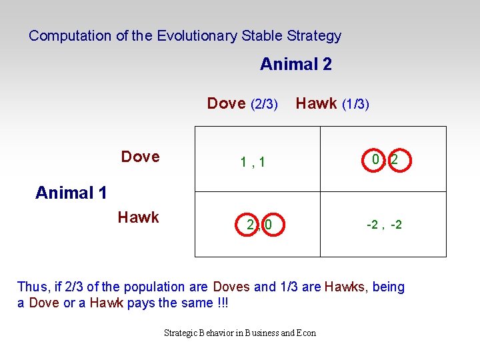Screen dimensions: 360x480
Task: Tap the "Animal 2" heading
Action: [295, 65]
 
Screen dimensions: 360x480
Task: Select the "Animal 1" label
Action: [71, 193]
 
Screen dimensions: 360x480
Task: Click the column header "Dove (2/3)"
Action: [242, 103]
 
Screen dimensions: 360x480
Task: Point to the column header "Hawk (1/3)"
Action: [332, 103]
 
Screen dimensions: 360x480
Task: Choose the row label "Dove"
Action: [140, 157]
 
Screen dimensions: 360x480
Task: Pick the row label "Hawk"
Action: [138, 217]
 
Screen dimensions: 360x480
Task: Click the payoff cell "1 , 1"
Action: [253, 161]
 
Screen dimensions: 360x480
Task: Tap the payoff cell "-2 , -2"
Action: [384, 225]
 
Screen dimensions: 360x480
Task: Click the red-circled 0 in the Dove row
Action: [376, 160]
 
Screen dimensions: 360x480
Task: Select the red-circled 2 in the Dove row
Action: [395, 160]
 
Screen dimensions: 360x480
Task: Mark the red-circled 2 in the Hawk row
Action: [250, 225]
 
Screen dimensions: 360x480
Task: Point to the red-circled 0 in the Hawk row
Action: [268, 225]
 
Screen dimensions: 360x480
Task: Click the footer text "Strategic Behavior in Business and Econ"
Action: [240, 333]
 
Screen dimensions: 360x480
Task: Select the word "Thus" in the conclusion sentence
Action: [31, 287]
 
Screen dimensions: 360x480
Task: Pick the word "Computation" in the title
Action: [70, 36]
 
